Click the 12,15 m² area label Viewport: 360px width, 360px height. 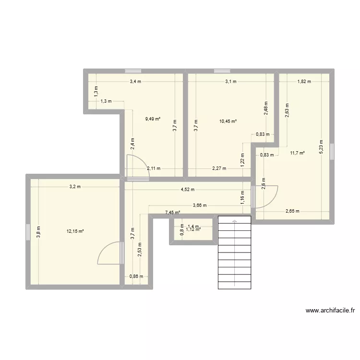tap(75, 231)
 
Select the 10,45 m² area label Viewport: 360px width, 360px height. tap(228, 121)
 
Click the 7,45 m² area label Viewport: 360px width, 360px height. tap(173, 212)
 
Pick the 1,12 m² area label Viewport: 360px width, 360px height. tap(193, 229)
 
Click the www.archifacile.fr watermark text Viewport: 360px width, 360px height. tap(330, 311)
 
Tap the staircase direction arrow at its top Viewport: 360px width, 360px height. tap(235, 221)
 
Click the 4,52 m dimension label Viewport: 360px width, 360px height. tap(188, 189)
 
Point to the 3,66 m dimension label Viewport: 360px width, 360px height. tap(200, 205)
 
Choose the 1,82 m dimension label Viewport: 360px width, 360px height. tap(304, 82)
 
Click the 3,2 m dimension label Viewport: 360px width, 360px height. tap(75, 186)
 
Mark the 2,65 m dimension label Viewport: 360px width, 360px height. tap(292, 211)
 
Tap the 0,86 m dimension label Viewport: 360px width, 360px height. tap(136, 276)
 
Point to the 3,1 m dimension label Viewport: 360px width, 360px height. tap(231, 82)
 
